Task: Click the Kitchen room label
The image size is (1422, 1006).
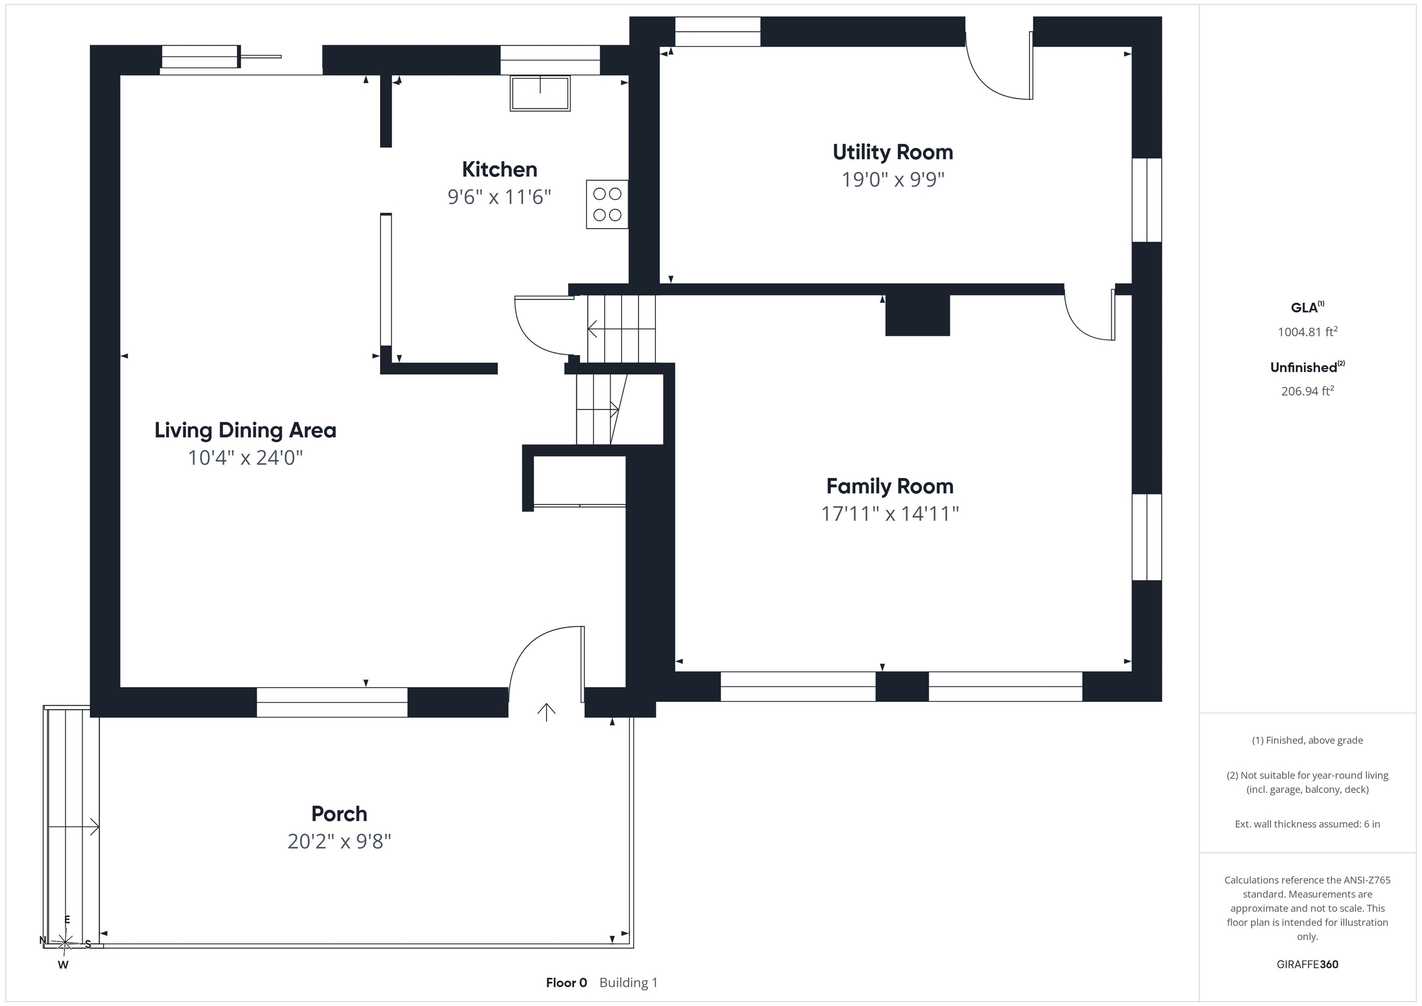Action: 499,169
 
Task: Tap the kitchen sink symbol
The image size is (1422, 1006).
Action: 540,93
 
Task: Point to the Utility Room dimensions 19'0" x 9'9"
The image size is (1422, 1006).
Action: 892,180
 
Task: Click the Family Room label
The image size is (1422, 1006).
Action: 890,486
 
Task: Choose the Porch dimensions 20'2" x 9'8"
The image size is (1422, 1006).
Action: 339,841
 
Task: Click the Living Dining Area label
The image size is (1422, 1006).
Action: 245,430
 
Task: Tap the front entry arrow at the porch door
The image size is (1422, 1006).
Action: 546,712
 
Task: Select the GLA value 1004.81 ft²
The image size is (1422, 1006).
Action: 1307,331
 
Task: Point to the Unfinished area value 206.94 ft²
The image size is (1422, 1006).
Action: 1307,391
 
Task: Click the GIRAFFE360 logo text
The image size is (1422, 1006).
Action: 1307,964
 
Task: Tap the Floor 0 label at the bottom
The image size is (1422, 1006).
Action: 566,982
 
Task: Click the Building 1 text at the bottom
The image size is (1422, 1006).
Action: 629,982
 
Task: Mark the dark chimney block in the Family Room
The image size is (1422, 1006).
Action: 917,315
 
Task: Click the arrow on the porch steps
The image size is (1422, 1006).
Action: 73,826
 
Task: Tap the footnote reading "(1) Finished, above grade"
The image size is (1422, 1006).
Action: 1307,740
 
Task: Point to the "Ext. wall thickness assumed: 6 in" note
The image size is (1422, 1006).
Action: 1307,824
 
